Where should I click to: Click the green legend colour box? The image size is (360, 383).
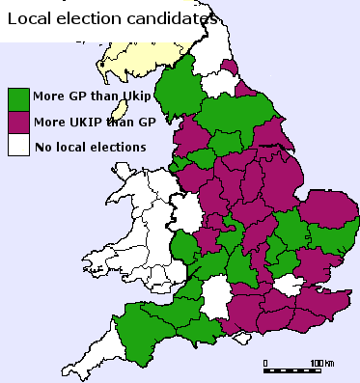(x=17, y=97)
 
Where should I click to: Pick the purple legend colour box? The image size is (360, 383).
(x=17, y=122)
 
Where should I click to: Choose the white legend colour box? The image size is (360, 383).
(x=17, y=146)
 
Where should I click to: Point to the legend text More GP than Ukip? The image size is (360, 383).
(x=87, y=97)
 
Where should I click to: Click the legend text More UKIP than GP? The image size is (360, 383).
(x=87, y=122)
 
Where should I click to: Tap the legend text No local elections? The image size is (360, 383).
(x=90, y=147)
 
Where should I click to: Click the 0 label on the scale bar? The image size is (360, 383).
(x=265, y=362)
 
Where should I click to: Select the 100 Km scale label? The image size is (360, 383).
(x=319, y=362)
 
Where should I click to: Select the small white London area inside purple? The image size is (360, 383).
(x=287, y=285)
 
